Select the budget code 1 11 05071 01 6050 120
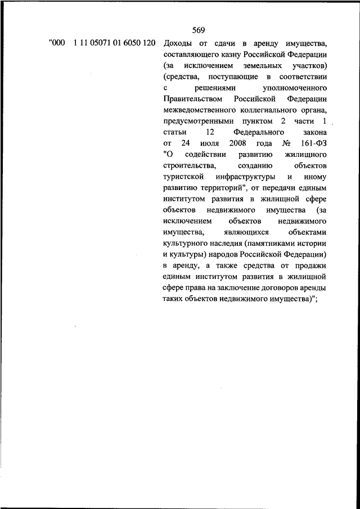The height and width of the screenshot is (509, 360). (x=114, y=43)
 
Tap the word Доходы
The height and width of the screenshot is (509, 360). (x=178, y=43)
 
